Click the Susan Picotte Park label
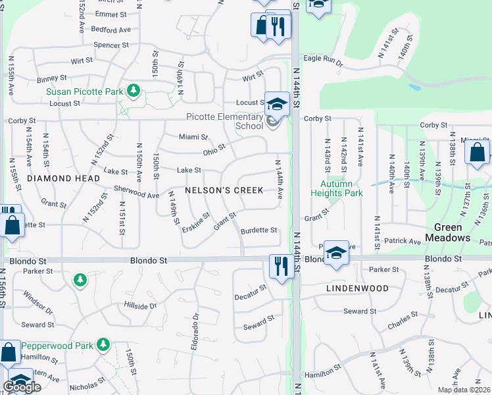[x=84, y=92]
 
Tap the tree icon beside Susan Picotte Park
[x=134, y=90]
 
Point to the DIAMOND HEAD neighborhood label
[x=64, y=178]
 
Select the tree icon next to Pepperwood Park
[x=103, y=344]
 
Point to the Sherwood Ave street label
[x=137, y=195]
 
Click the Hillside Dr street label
[x=140, y=305]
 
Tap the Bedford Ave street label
[x=111, y=30]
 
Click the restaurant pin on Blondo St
[x=281, y=267]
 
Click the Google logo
[x=22, y=387]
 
